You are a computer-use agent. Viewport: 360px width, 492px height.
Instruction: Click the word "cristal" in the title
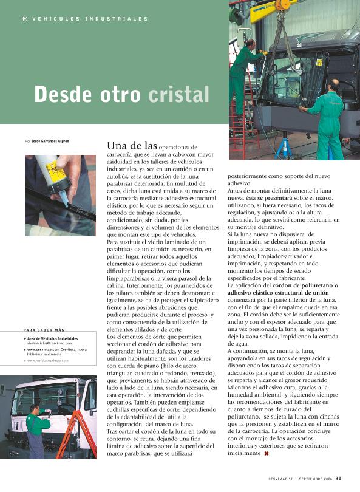coord(179,94)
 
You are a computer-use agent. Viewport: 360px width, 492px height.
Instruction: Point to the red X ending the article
coord(266,454)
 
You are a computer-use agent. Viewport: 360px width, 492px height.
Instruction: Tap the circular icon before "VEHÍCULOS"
coord(24,19)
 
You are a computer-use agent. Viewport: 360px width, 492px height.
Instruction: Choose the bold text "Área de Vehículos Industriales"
coord(52,338)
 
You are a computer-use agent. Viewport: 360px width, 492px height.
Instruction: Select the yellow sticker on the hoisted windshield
coord(318,61)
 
